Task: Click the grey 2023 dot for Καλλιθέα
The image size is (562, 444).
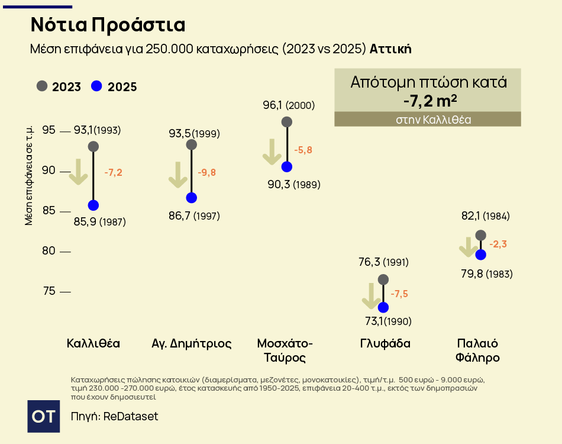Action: [x=93, y=146]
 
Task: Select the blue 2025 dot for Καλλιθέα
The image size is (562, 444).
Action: [x=93, y=205]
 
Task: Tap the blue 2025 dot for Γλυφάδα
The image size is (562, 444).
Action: [x=383, y=307]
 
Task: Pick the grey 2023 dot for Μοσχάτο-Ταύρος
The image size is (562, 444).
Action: [x=287, y=122]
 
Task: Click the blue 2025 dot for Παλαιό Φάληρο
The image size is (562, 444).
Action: [x=480, y=255]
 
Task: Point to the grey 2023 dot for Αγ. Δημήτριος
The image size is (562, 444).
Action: [x=191, y=144]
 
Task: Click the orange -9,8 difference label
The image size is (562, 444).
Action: [x=206, y=172]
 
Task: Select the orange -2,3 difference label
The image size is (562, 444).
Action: [x=498, y=244]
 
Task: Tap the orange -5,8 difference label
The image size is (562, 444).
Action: [x=303, y=150]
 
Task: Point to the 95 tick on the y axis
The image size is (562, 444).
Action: [x=49, y=130]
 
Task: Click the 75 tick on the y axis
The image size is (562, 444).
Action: [x=49, y=291]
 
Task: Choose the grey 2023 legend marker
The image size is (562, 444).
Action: [x=42, y=86]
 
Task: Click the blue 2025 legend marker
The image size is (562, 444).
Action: [x=97, y=86]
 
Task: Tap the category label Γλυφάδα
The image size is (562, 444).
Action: [x=385, y=343]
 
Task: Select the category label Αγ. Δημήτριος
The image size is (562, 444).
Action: [x=192, y=343]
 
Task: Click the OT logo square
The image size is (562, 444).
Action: [x=44, y=416]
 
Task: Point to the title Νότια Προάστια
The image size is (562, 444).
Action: [x=108, y=25]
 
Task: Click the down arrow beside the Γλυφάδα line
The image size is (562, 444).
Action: [x=371, y=296]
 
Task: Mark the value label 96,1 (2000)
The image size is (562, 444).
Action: [x=289, y=105]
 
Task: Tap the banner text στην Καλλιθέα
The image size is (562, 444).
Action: [x=427, y=120]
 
